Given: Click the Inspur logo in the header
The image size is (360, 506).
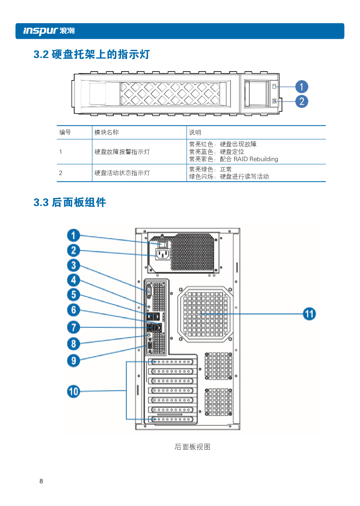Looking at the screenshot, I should pyautogui.click(x=49, y=31).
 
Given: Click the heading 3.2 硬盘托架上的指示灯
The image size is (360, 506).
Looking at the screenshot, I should pyautogui.click(x=92, y=54).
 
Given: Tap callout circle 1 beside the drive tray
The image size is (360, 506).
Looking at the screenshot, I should pyautogui.click(x=301, y=87).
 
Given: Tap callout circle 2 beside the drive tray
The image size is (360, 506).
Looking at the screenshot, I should pyautogui.click(x=301, y=102).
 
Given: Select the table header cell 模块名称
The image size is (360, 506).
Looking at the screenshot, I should pyautogui.click(x=106, y=133).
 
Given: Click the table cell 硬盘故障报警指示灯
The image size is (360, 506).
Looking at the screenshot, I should pyautogui.click(x=122, y=152).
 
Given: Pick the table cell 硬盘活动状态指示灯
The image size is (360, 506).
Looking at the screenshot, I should pyautogui.click(x=122, y=173).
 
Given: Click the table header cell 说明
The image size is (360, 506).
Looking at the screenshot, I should pyautogui.click(x=195, y=133).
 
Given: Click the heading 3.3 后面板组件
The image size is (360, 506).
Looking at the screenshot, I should pyautogui.click(x=70, y=202).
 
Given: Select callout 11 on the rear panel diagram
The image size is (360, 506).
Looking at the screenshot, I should pyautogui.click(x=309, y=314).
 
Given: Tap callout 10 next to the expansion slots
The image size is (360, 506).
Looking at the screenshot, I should pyautogui.click(x=73, y=392).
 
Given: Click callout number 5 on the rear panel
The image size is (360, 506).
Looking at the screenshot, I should pyautogui.click(x=73, y=295).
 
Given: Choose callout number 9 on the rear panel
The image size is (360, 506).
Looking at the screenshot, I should pyautogui.click(x=73, y=360).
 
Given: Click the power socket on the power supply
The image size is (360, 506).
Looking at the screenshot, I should pyautogui.click(x=163, y=254).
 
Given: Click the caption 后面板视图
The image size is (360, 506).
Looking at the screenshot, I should pyautogui.click(x=192, y=447).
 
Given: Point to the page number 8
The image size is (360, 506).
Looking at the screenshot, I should pyautogui.click(x=41, y=481).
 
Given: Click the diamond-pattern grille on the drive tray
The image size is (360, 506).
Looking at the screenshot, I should pyautogui.click(x=170, y=94).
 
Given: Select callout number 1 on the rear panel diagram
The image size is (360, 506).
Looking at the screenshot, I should pyautogui.click(x=73, y=235).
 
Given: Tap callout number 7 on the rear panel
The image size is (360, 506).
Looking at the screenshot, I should pyautogui.click(x=73, y=327).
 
